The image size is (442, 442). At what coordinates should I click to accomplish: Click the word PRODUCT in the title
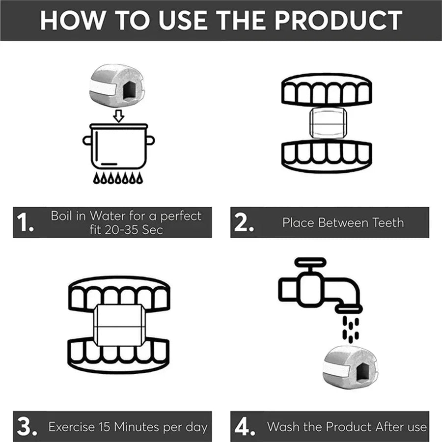click(x=338, y=20)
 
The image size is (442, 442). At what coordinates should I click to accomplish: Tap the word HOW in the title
click(x=72, y=20)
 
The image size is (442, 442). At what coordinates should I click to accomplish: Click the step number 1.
click(x=25, y=222)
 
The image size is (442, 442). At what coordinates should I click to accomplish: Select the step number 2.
click(x=244, y=222)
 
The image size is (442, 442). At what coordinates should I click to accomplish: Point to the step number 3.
click(x=27, y=426)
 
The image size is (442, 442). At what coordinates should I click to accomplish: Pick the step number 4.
click(x=245, y=426)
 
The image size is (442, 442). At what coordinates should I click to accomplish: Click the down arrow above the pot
click(x=119, y=116)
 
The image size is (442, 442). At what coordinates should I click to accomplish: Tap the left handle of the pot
click(x=87, y=140)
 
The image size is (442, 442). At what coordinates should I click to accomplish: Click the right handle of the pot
click(x=151, y=140)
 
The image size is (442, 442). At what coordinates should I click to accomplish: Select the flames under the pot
click(x=118, y=178)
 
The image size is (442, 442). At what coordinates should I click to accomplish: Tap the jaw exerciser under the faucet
click(x=350, y=367)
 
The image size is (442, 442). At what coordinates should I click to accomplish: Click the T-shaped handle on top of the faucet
click(x=310, y=265)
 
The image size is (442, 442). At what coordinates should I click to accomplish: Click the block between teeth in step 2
click(x=328, y=123)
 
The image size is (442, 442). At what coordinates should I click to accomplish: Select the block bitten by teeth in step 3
click(x=119, y=325)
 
